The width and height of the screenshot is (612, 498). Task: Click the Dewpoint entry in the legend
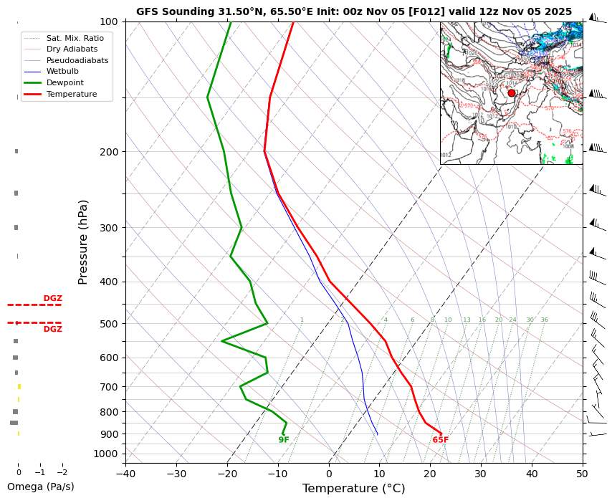coord(66,83)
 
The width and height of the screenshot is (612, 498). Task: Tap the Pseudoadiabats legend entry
coord(77,60)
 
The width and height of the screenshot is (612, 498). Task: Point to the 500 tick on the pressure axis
coord(108,324)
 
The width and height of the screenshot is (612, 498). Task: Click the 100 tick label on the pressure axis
coord(108,21)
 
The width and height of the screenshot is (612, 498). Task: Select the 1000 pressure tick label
coord(106,454)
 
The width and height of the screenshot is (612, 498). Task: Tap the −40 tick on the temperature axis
coord(125,473)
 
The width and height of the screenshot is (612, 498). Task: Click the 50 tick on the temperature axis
coord(583,473)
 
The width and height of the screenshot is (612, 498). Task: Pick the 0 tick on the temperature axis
coord(329,473)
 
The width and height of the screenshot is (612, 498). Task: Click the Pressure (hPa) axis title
coord(84,242)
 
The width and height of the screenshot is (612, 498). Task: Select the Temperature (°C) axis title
coord(353,489)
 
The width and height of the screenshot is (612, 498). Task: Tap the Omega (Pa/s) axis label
coord(40,487)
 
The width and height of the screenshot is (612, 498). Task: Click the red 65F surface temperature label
coord(440,440)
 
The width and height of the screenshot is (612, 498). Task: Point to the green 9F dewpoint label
coord(284,440)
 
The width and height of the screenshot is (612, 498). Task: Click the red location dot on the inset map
coord(512,93)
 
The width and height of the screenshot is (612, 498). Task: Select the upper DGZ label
coord(52,298)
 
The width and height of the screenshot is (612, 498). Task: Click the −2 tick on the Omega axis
coord(62,473)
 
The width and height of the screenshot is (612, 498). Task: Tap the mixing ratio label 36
coord(544,320)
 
